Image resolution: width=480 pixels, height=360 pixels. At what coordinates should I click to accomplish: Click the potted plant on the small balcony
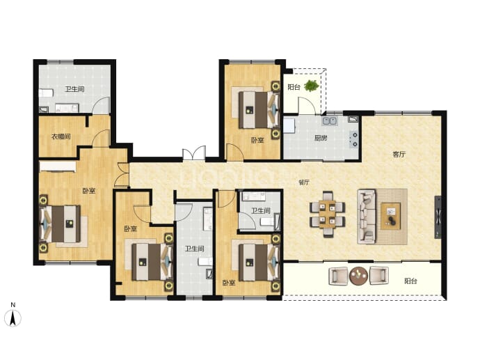click(312, 86)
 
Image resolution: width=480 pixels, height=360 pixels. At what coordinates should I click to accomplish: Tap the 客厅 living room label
click(399, 155)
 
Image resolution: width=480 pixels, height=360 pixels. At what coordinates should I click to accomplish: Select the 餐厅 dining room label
click(304, 182)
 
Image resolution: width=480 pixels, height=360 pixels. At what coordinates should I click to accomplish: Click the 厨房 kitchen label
click(321, 138)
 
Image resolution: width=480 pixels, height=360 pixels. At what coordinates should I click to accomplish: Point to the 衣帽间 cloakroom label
click(61, 136)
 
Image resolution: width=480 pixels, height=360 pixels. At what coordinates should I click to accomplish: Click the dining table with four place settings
click(328, 214)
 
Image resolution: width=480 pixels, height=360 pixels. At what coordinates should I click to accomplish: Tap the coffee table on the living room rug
click(391, 216)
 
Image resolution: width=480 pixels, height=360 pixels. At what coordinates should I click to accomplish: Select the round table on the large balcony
click(358, 276)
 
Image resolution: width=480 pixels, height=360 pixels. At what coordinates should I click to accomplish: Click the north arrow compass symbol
click(13, 318)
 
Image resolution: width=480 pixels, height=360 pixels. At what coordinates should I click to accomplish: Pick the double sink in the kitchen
click(330, 121)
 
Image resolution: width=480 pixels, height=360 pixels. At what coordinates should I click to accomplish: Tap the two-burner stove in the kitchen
click(354, 139)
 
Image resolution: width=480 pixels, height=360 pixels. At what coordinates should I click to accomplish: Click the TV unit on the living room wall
click(438, 217)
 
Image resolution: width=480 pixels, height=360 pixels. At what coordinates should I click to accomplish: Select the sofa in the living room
click(367, 217)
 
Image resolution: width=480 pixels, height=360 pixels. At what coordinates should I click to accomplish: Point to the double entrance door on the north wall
click(194, 152)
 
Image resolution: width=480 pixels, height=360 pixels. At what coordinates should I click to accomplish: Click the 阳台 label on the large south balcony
click(410, 281)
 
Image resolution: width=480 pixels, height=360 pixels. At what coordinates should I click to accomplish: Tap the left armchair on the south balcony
click(339, 276)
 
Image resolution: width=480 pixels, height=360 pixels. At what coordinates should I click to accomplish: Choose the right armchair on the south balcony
click(379, 276)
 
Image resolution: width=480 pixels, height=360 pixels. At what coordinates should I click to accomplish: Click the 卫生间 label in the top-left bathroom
click(74, 89)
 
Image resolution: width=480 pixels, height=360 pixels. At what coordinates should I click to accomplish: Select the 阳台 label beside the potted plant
click(294, 87)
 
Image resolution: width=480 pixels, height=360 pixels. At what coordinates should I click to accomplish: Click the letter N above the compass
click(13, 305)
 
